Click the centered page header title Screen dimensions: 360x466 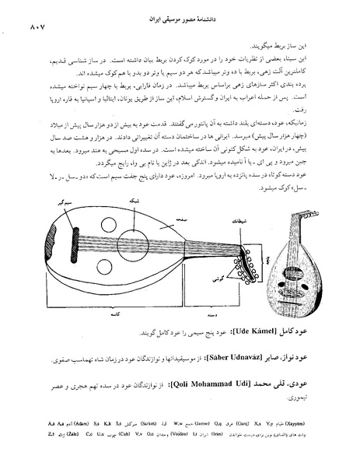pyautogui.click(x=179, y=15)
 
